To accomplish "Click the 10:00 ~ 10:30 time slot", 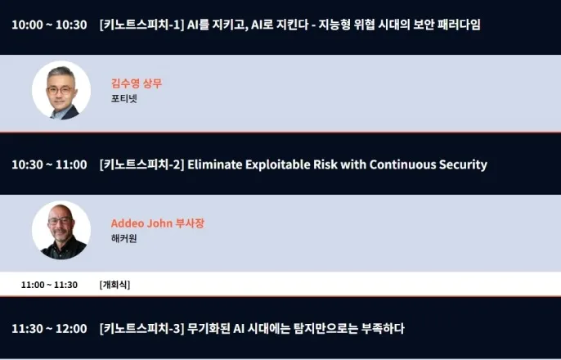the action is [49, 25].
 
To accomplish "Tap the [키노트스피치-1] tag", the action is [141, 25].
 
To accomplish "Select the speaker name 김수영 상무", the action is [137, 83].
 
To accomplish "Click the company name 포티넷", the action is [124, 98].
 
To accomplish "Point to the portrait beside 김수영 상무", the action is [61, 90].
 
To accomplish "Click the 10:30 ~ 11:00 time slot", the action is [49, 164].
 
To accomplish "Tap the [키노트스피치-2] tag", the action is [141, 164].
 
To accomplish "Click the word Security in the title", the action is [463, 165].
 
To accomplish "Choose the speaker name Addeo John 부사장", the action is [158, 223].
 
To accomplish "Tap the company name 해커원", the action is [124, 238].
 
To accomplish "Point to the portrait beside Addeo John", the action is [61, 230].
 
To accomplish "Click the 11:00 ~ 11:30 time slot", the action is [49, 285].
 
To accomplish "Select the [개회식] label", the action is [114, 285].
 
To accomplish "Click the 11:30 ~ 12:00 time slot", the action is [49, 329].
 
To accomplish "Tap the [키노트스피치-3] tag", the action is [141, 329].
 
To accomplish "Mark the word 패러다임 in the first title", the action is [459, 25].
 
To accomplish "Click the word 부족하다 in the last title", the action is [383, 329].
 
